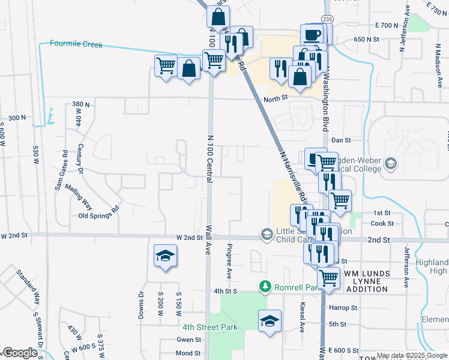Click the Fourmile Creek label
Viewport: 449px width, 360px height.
76,44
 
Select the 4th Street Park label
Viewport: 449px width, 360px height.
210,327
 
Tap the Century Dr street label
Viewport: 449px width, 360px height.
80,160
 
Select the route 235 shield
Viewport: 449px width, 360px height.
327,19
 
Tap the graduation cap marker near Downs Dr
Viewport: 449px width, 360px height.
164,256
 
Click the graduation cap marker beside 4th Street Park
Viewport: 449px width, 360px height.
270,320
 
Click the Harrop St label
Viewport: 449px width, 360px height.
343,308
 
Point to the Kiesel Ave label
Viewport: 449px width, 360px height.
302,316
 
